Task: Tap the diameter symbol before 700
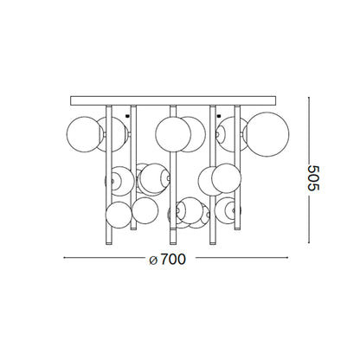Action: [153, 260]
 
